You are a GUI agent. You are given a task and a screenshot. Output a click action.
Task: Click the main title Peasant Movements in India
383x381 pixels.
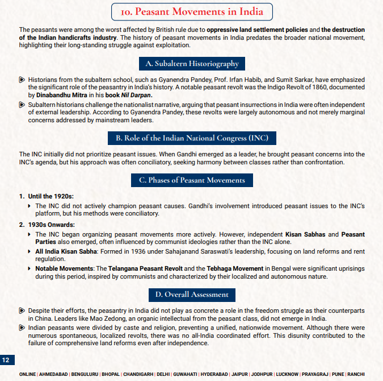(191, 11)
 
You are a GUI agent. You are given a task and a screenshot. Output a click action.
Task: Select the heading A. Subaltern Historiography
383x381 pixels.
(192, 63)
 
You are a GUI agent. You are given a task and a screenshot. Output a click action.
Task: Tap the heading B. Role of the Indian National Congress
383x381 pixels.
(192, 138)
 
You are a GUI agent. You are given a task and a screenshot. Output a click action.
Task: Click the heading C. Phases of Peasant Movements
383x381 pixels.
(192, 180)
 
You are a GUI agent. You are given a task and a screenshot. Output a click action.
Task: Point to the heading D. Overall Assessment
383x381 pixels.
(192, 294)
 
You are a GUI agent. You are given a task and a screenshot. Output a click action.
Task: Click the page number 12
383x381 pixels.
(7, 360)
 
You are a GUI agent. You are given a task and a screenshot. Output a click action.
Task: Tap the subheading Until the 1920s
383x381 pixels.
(50, 196)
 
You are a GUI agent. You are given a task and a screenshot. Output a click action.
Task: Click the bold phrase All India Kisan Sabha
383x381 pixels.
(67, 251)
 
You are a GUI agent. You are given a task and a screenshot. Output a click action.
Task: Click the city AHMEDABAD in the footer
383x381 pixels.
(54, 374)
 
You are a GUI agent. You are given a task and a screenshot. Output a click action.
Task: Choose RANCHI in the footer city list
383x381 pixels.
(355, 374)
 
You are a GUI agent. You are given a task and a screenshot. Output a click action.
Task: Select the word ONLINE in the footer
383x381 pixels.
(27, 374)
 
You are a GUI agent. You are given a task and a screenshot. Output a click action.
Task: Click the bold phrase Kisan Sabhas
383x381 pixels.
(304, 234)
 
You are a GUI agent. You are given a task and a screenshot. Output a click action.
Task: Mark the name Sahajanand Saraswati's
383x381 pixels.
(198, 251)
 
